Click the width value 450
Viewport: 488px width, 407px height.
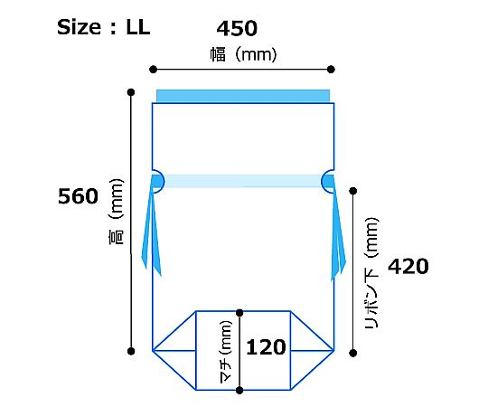pyautogui.click(x=237, y=28)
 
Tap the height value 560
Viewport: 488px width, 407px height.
pyautogui.click(x=78, y=196)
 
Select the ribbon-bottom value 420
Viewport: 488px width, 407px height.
pyautogui.click(x=408, y=267)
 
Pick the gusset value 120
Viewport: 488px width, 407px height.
pyautogui.click(x=266, y=347)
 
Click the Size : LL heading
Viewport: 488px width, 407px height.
pyautogui.click(x=104, y=27)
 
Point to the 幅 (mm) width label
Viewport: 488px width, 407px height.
pyautogui.click(x=243, y=54)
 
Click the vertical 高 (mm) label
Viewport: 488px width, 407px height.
pyautogui.click(x=117, y=212)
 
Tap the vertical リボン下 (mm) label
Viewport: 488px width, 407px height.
pyautogui.click(x=372, y=273)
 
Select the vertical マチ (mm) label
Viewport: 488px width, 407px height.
pyautogui.click(x=226, y=351)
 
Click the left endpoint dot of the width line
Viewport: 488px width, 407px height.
pyautogui.click(x=153, y=69)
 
